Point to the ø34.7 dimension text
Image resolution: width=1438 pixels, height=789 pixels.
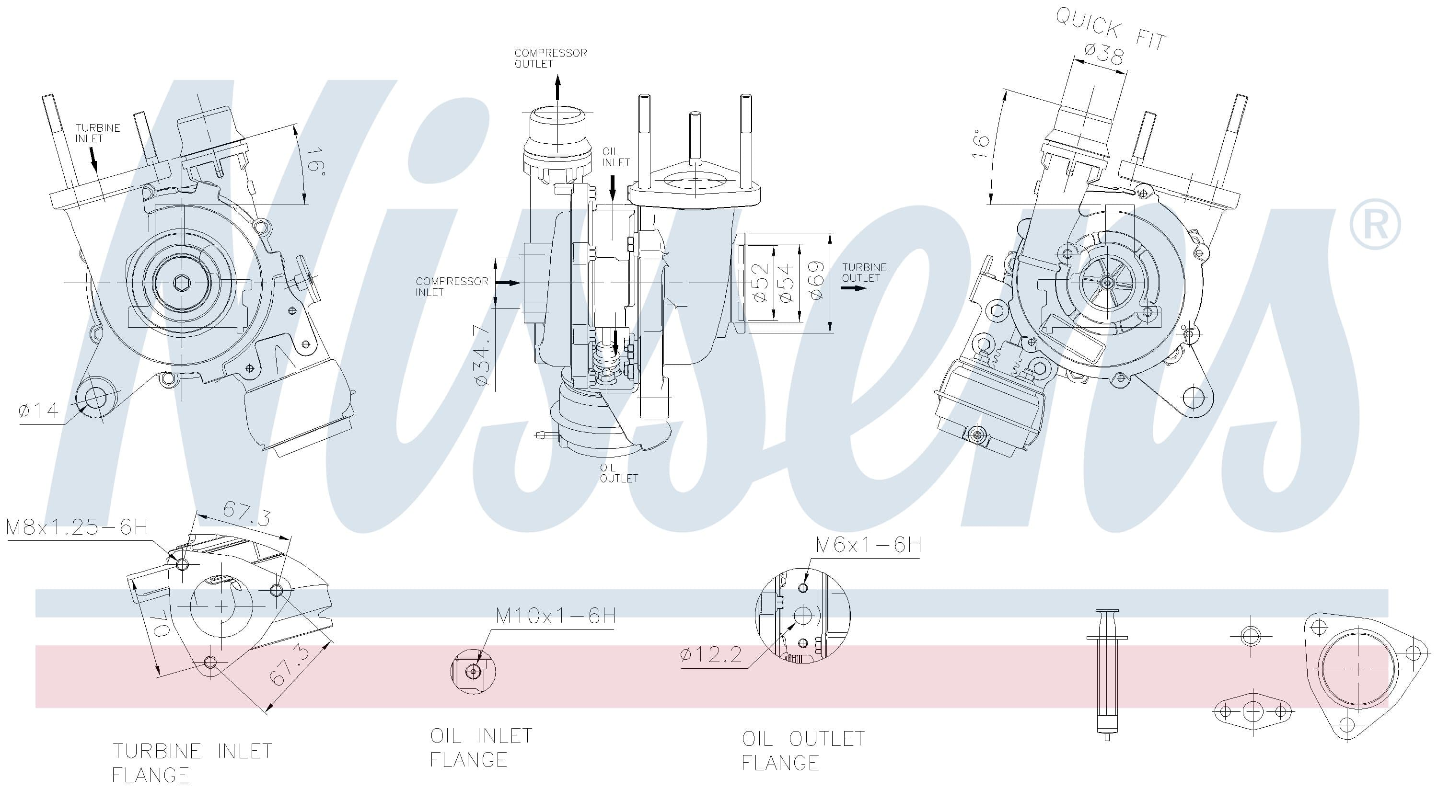click(482, 355)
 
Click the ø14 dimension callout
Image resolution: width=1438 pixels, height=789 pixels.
click(38, 411)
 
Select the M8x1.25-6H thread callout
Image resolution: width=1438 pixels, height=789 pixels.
click(77, 527)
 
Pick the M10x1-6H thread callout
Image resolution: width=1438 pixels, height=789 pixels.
click(556, 616)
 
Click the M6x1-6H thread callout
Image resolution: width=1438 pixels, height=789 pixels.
click(868, 545)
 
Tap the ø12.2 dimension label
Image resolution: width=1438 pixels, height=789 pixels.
click(711, 654)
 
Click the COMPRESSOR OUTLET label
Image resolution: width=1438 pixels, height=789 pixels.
click(550, 58)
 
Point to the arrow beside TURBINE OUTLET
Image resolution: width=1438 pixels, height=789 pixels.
click(852, 288)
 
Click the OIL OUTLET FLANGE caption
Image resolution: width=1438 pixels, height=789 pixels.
click(802, 751)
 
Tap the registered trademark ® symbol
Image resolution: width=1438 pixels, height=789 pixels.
click(1374, 224)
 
